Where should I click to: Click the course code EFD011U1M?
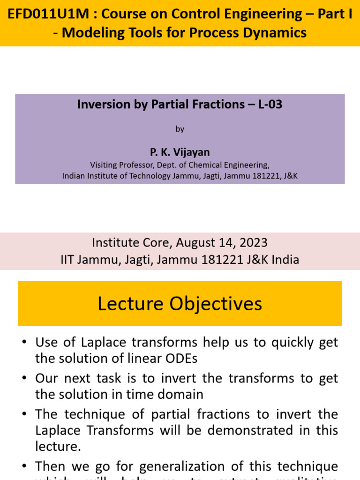click(48, 14)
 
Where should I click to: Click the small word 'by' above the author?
click(180, 129)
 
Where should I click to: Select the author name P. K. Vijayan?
click(180, 152)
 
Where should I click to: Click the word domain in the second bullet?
click(180, 394)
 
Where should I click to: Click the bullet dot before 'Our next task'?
click(24, 378)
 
